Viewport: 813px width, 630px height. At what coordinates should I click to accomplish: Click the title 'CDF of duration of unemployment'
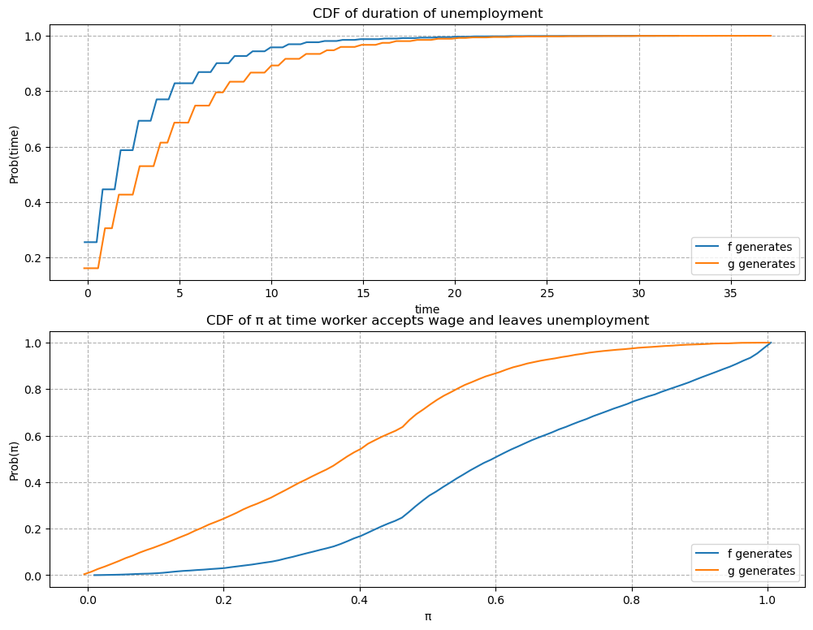(427, 13)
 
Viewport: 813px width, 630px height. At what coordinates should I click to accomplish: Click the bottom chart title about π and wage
(427, 320)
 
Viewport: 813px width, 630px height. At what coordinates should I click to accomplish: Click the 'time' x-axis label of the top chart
(427, 309)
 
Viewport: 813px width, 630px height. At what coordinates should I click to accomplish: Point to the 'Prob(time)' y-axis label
(14, 151)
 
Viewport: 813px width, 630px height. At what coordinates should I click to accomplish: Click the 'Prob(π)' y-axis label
(14, 459)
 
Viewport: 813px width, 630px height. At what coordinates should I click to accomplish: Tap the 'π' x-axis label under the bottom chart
(427, 616)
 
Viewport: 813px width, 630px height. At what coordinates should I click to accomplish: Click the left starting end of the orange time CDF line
(84, 268)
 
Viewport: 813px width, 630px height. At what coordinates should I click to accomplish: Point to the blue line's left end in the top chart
(84, 242)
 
